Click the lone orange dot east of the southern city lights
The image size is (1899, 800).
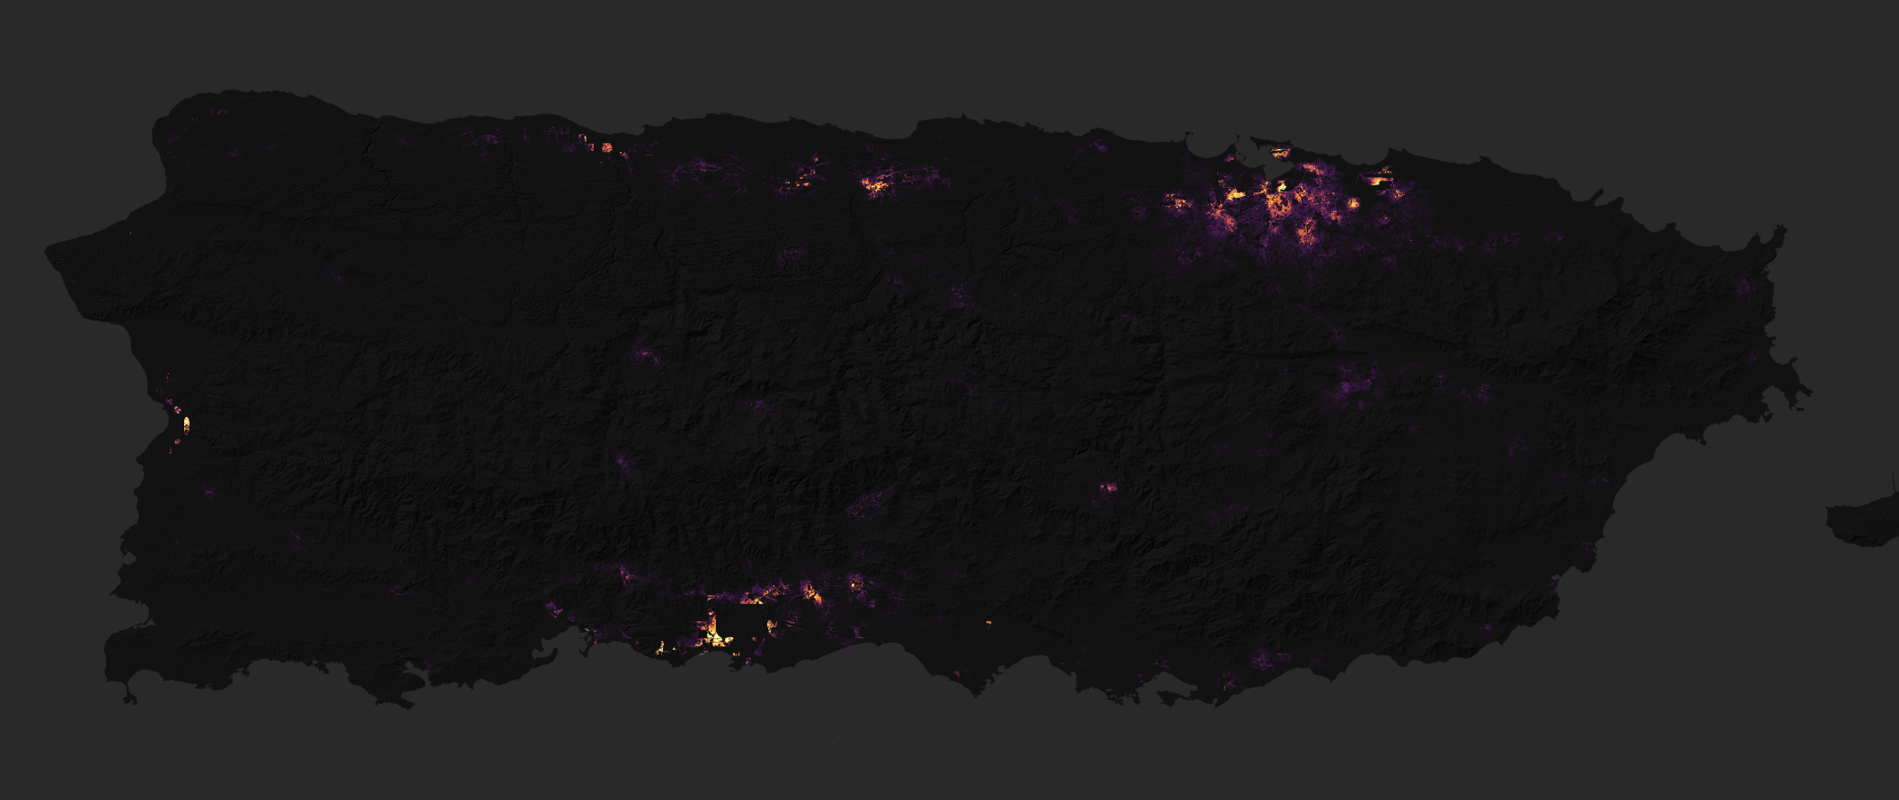[988, 623]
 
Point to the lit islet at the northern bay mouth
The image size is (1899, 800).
[1278, 152]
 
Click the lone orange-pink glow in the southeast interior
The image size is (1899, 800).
[1108, 487]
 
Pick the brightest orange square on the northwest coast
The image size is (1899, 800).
[606, 147]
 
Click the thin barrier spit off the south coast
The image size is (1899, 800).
[1177, 698]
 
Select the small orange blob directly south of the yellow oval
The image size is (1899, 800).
[177, 440]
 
